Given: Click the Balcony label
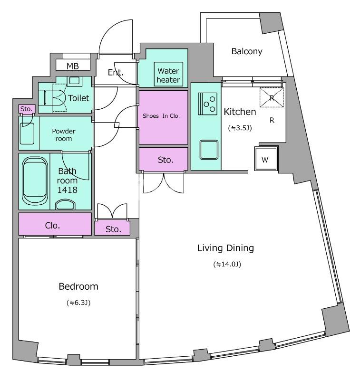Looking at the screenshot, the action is [x=247, y=51].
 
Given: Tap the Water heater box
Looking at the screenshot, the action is [x=168, y=75].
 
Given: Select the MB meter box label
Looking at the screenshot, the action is [x=73, y=66].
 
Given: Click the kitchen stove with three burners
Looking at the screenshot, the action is [x=208, y=104].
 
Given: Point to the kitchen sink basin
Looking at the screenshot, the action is [x=209, y=150].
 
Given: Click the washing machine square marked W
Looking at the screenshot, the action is [x=266, y=159].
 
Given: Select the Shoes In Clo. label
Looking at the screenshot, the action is [x=161, y=116].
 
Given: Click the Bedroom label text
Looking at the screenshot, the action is [x=78, y=286].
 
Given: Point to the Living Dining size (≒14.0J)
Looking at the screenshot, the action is [x=227, y=264].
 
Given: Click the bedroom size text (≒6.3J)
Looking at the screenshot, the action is [x=78, y=303].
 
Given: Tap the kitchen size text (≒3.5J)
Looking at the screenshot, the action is [x=240, y=128].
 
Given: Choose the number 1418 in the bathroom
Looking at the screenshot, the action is [x=67, y=190].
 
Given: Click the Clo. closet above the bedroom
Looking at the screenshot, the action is [x=55, y=224].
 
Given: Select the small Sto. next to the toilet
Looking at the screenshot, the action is [x=27, y=109].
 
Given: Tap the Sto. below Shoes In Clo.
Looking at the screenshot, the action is [x=163, y=159].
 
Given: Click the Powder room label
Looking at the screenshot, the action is [x=64, y=135].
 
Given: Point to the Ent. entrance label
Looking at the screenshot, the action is [x=116, y=72].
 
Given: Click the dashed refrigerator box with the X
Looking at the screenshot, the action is [x=272, y=97].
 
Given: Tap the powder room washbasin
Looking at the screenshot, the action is [x=27, y=133].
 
